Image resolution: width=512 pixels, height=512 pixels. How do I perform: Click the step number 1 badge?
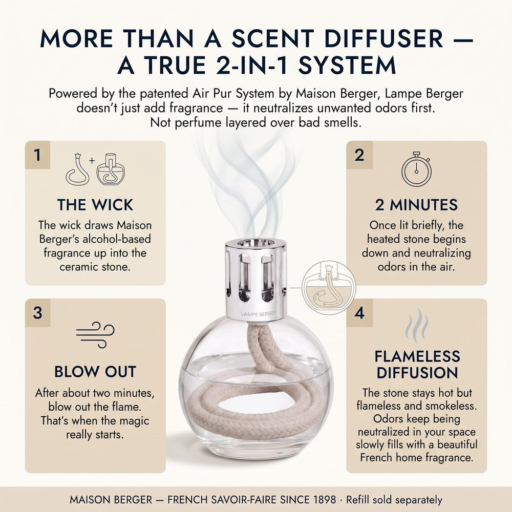[37, 155]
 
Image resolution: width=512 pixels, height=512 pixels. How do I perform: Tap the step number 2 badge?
[359, 155]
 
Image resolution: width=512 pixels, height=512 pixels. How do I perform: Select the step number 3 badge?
[37, 312]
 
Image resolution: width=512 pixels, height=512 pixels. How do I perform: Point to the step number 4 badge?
[359, 312]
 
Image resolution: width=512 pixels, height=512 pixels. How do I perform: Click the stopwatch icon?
[416, 169]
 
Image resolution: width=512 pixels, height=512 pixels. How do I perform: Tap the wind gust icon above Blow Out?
[95, 335]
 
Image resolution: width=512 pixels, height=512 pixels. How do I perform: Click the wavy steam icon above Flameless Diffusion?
[417, 325]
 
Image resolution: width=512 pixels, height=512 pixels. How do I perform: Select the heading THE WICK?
[95, 205]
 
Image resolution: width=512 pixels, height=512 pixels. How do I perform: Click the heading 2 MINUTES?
[416, 205]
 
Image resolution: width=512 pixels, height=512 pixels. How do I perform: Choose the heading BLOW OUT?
[95, 372]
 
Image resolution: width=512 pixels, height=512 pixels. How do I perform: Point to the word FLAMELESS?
[417, 356]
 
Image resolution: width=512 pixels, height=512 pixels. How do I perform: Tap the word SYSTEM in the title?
[347, 65]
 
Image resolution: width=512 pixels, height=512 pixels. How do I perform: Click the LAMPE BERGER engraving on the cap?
[259, 314]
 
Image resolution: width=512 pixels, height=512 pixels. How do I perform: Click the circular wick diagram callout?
[329, 288]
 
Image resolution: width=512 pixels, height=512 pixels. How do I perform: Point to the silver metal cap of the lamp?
[255, 280]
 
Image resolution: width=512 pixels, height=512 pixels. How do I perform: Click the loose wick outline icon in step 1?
[77, 169]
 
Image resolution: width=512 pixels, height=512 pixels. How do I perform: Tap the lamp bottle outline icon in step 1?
[111, 169]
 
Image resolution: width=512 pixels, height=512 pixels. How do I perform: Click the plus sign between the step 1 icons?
[92, 161]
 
